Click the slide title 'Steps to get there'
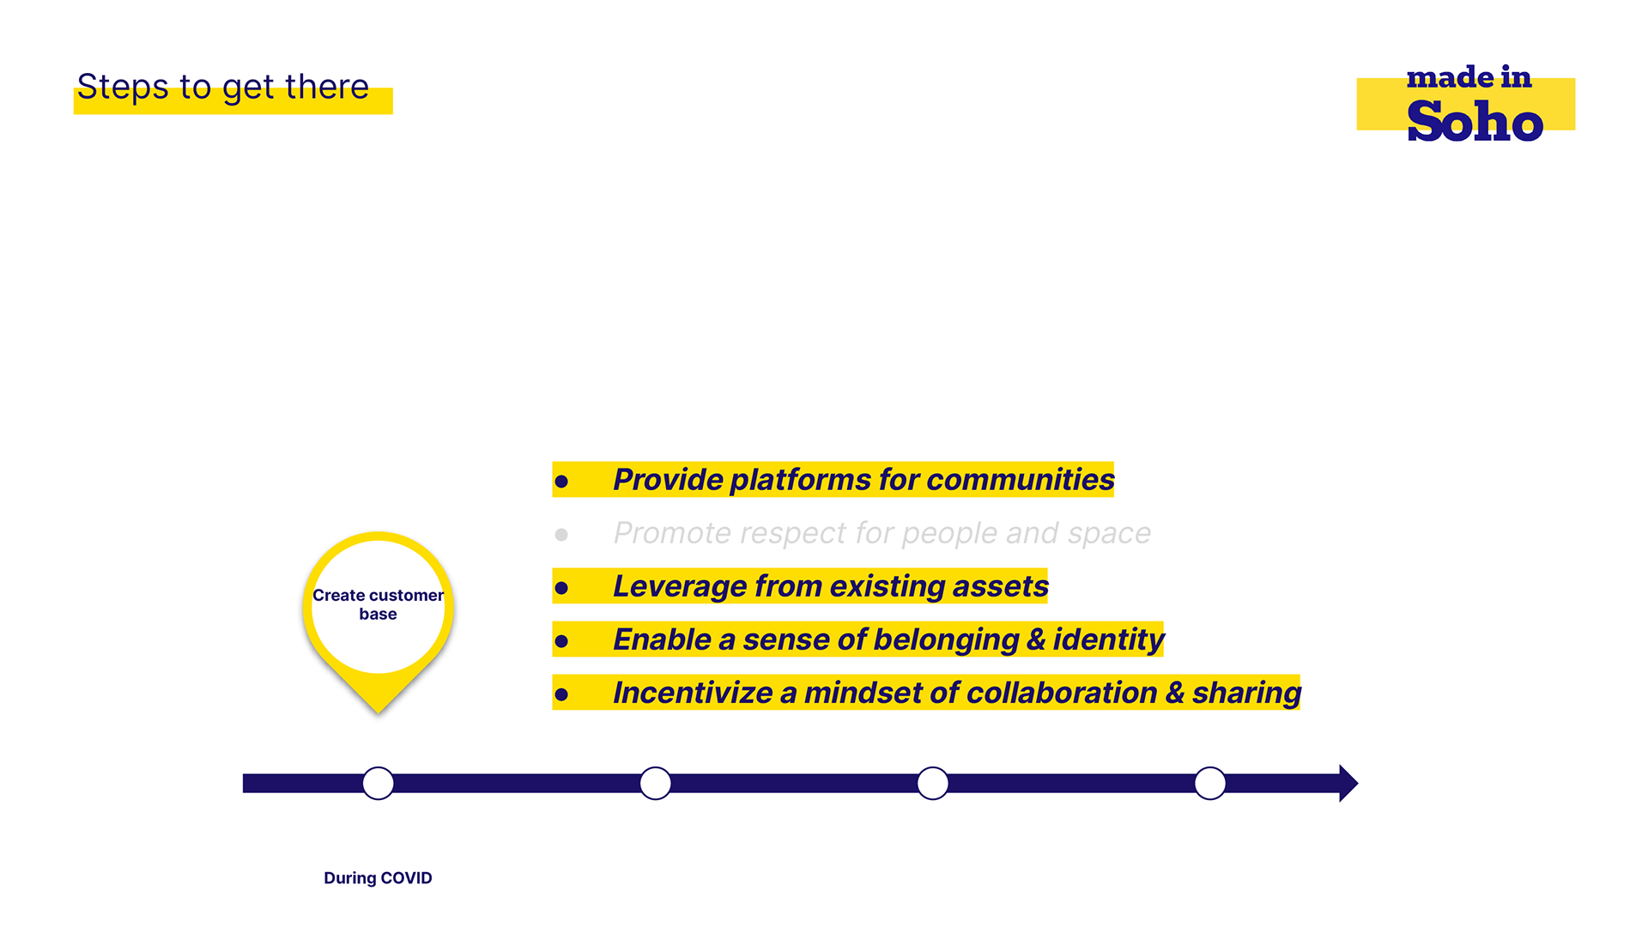pos(223,88)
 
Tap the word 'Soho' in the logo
pos(1475,121)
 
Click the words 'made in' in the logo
pos(1469,77)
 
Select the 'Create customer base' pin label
pos(378,604)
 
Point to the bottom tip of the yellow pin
pos(378,712)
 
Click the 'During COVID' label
pos(378,878)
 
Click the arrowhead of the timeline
pos(1348,783)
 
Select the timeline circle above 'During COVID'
pos(378,783)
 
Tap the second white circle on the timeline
pos(656,783)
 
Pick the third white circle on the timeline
pos(933,783)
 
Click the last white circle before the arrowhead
pos(1210,783)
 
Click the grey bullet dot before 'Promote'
pos(561,535)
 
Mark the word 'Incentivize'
pos(693,694)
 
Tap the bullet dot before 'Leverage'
pos(561,588)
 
